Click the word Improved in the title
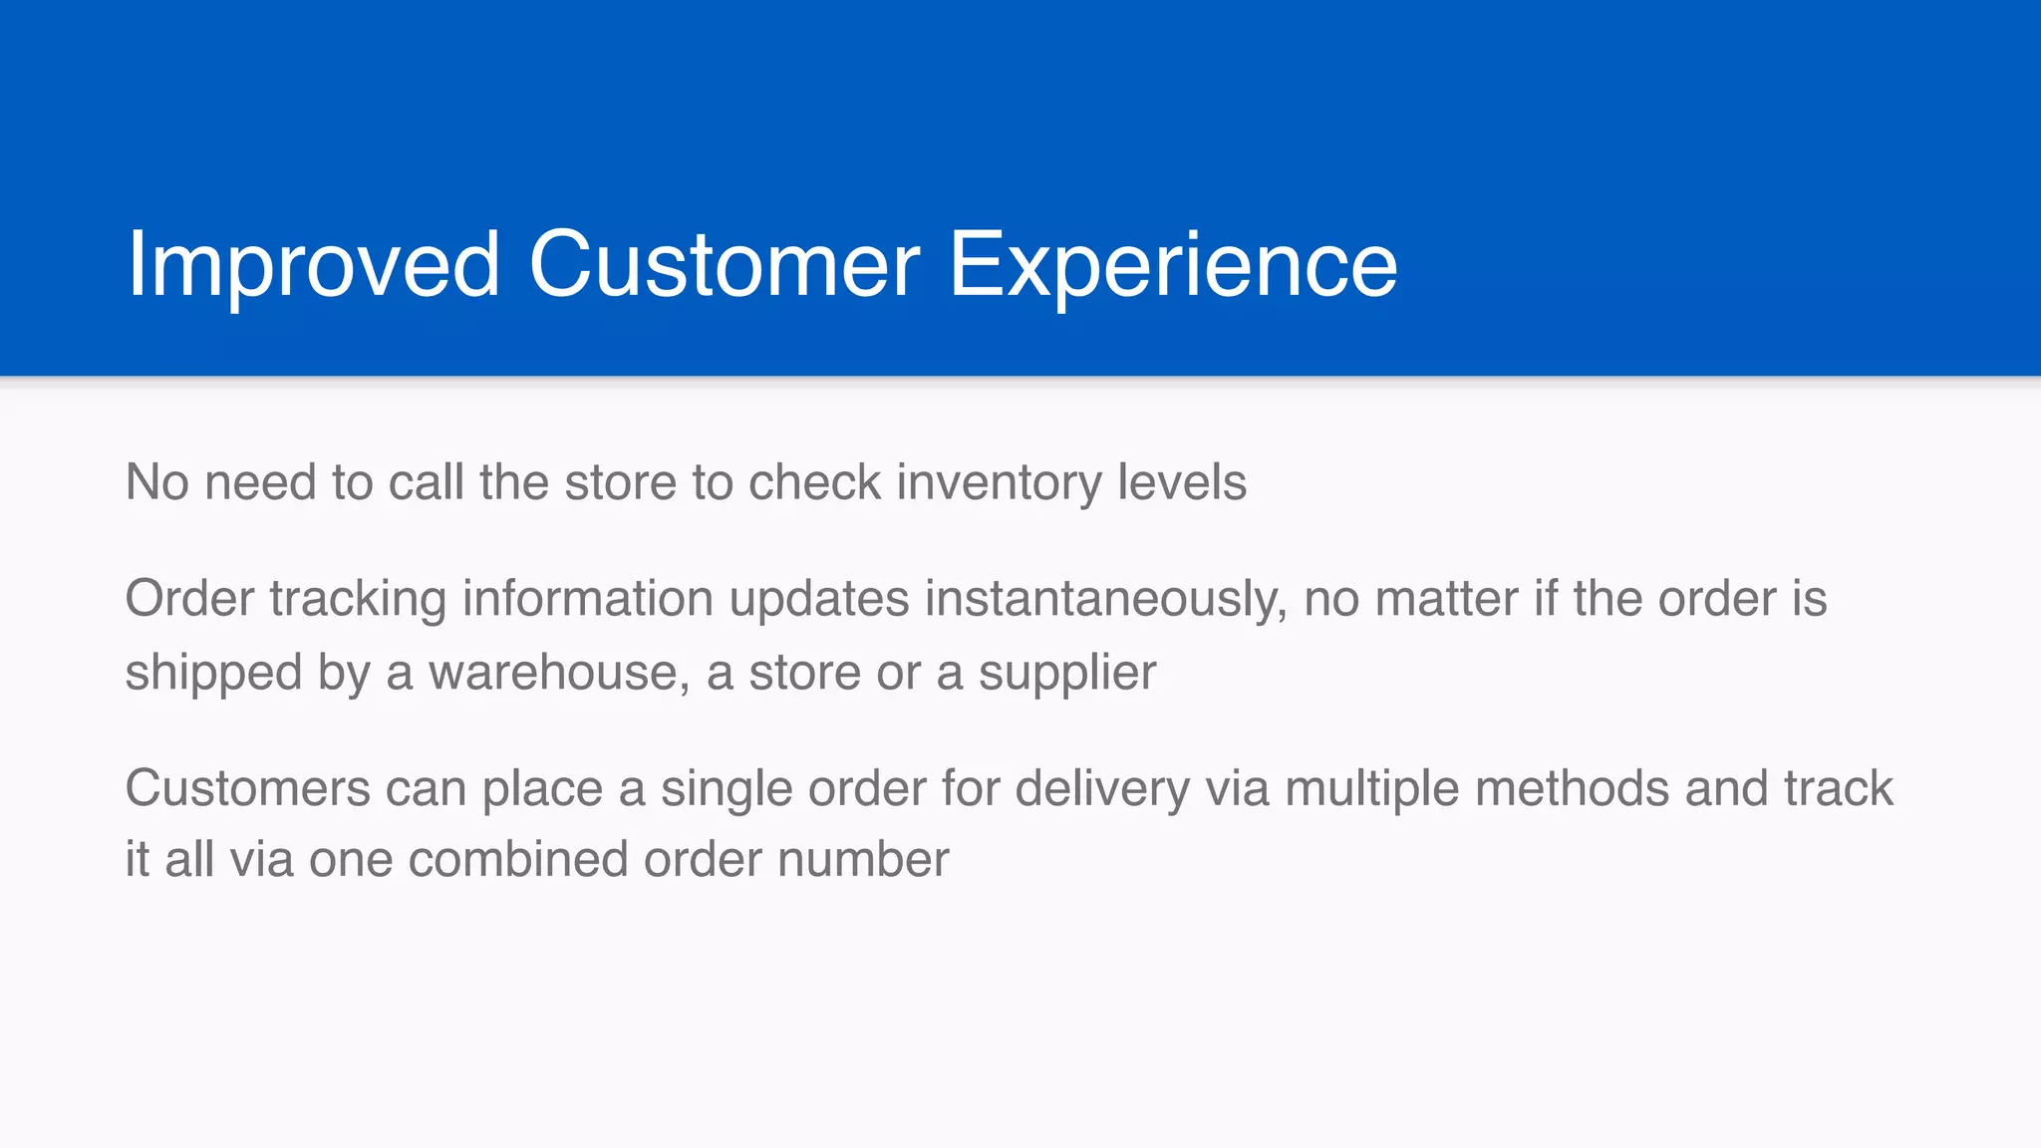click(x=313, y=264)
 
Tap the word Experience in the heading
click(x=1173, y=264)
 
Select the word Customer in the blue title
click(x=725, y=264)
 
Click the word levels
click(x=1181, y=482)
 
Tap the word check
click(x=814, y=482)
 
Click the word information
click(x=587, y=599)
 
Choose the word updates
click(x=818, y=600)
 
